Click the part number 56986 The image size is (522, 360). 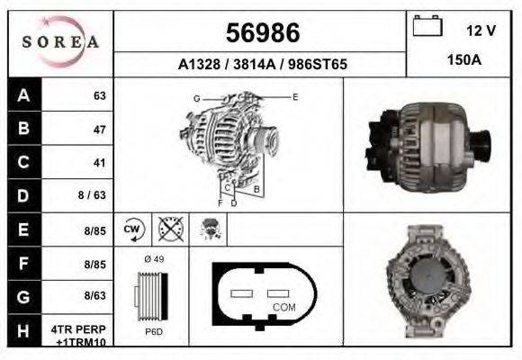261,33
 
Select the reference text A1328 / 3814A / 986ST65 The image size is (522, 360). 261,65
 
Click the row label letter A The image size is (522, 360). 23,95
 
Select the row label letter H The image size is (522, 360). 23,331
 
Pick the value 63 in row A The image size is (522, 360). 99,95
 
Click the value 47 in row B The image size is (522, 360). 99,130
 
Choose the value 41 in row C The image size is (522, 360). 99,163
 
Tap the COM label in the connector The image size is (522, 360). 283,307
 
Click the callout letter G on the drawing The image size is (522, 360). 195,97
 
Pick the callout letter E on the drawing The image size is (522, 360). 294,96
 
